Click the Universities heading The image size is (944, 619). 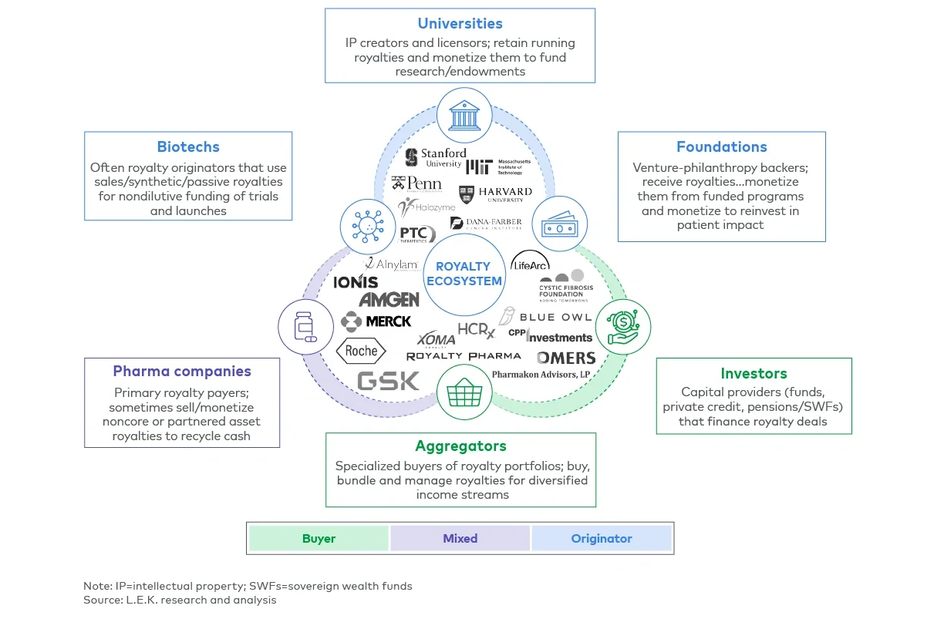[460, 23]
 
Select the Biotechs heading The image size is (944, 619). [188, 146]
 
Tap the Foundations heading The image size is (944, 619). [721, 146]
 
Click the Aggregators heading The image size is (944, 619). [460, 446]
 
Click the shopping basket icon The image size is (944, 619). [464, 392]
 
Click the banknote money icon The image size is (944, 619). [560, 227]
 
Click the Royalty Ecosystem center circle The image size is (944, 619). [464, 274]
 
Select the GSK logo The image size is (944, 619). [389, 381]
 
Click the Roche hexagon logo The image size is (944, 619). [362, 352]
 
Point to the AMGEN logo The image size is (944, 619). [389, 299]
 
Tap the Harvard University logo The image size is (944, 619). [495, 194]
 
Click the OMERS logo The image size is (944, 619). [566, 358]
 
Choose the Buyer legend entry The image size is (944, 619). [319, 538]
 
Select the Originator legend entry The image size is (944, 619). [602, 538]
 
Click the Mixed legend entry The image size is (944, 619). [460, 538]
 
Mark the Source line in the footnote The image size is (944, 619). [180, 599]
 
